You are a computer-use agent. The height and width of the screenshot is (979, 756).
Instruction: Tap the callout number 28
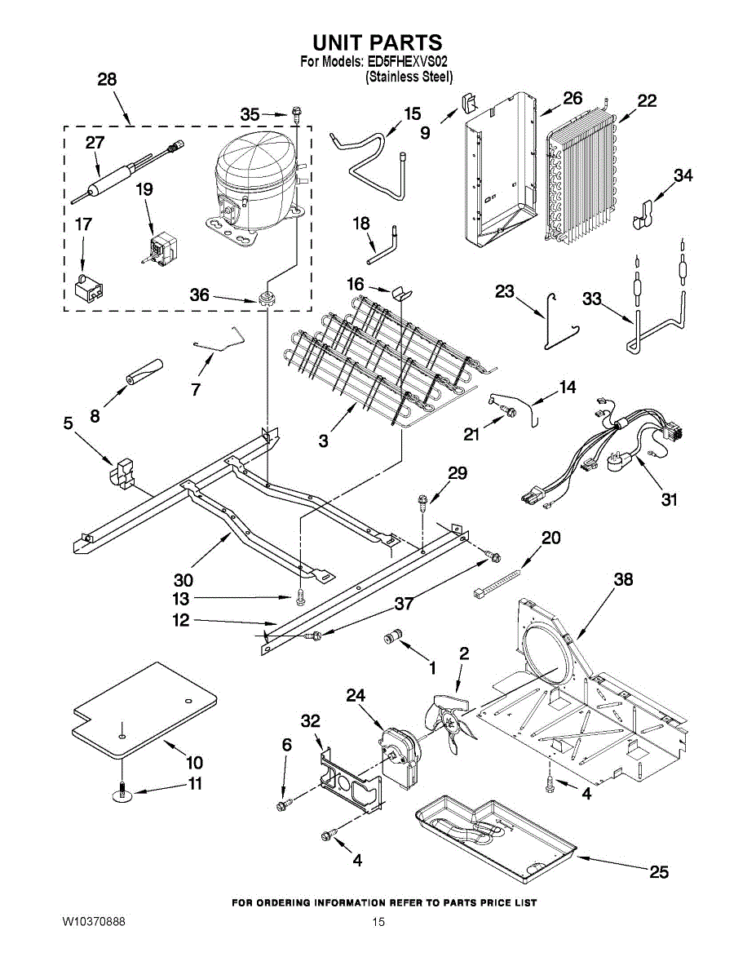(107, 80)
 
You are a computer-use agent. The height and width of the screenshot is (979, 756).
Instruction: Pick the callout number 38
(623, 580)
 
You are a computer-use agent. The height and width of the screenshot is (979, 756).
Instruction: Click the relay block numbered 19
(162, 248)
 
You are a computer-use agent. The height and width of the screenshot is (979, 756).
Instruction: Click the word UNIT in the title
(343, 42)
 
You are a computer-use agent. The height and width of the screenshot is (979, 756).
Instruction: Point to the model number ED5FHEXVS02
(405, 61)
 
